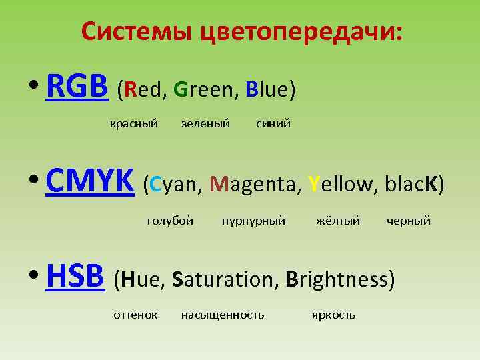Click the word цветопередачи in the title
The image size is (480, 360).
[300, 31]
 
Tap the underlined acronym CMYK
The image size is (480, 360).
[90, 182]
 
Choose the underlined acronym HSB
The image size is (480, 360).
[75, 277]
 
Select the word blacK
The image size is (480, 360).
[409, 184]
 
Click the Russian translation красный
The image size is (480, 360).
[133, 123]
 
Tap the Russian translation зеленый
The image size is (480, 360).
[205, 123]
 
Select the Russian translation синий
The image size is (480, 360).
[273, 123]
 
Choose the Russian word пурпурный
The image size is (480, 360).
[253, 221]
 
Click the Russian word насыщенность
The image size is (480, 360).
[223, 315]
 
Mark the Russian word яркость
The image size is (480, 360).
[333, 315]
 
